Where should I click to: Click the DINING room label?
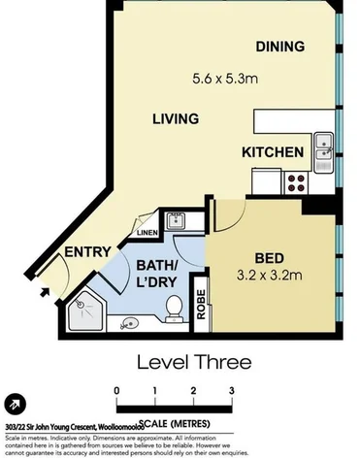click(x=280, y=47)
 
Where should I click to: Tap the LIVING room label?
click(x=176, y=118)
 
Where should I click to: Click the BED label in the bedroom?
click(x=270, y=258)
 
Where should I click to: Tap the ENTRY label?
click(x=85, y=253)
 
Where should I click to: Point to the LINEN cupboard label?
click(x=147, y=233)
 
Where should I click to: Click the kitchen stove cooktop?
click(x=296, y=180)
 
